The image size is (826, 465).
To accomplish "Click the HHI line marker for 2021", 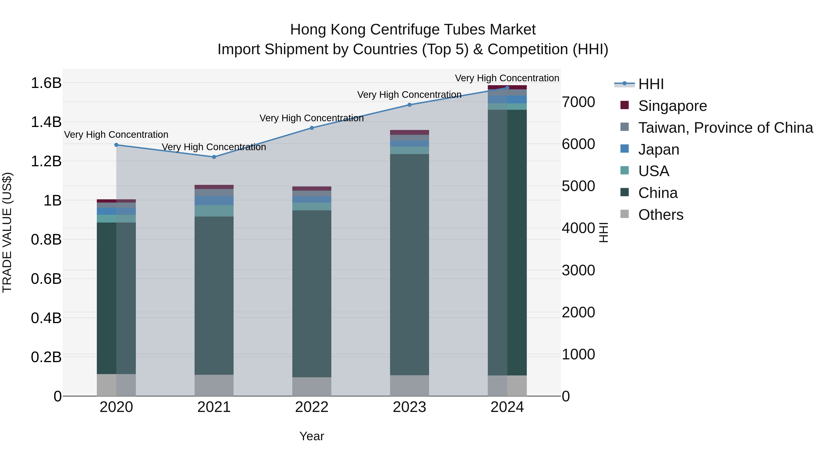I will tap(214, 157).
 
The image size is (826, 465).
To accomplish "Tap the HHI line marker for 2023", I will tap(409, 105).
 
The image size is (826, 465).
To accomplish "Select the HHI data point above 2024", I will tap(507, 88).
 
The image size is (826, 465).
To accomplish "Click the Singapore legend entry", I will tap(672, 106).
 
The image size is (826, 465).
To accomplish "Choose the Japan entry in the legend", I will tap(658, 149).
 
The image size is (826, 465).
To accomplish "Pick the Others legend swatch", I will tap(624, 214).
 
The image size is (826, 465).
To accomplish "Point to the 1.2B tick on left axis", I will tap(46, 161).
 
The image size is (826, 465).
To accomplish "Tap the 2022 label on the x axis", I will tap(311, 407).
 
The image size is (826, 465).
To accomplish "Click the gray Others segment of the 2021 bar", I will tap(214, 385).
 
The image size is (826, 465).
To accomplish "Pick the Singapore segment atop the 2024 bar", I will tap(507, 87).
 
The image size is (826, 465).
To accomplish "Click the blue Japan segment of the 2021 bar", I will tap(214, 200).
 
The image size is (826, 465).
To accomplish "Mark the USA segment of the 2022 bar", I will tap(311, 206).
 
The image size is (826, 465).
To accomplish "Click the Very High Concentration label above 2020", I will tap(116, 135).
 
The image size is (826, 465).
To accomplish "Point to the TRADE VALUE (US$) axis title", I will tap(7, 232).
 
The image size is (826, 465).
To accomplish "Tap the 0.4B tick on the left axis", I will tap(46, 318).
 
